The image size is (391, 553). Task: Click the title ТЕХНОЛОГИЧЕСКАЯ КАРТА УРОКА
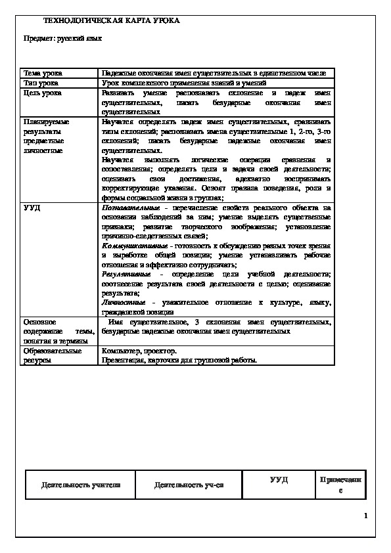click(111, 21)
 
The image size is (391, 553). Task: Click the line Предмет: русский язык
click(62, 39)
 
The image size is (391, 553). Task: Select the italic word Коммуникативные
click(133, 244)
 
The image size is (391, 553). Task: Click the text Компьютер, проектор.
click(140, 351)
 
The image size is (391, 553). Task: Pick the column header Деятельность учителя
click(80, 485)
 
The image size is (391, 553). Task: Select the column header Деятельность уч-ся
click(189, 485)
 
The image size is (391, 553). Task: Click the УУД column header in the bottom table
click(279, 481)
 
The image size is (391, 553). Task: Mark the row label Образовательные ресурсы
click(53, 355)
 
